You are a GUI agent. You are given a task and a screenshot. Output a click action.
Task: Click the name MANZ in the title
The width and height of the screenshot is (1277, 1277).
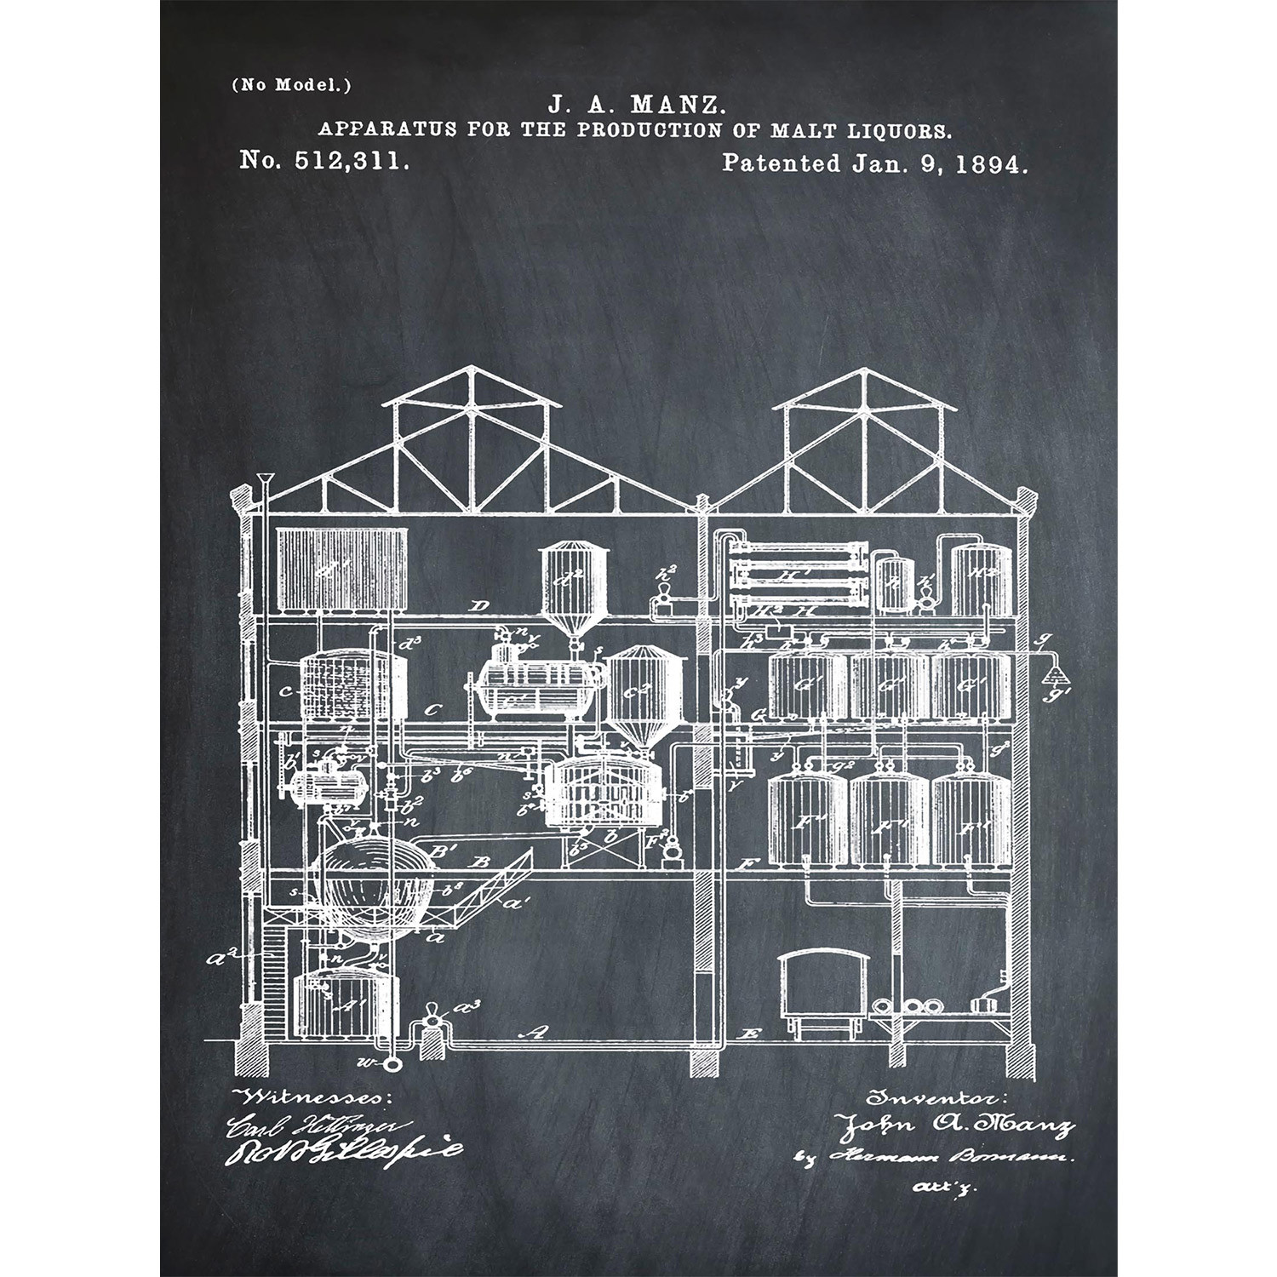tap(677, 106)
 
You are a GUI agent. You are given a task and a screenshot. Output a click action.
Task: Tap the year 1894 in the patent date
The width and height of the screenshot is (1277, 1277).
tap(992, 163)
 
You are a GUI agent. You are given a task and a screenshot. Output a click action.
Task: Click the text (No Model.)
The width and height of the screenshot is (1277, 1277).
tap(290, 84)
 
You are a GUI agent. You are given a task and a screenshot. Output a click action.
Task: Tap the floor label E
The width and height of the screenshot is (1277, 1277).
tap(749, 1035)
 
